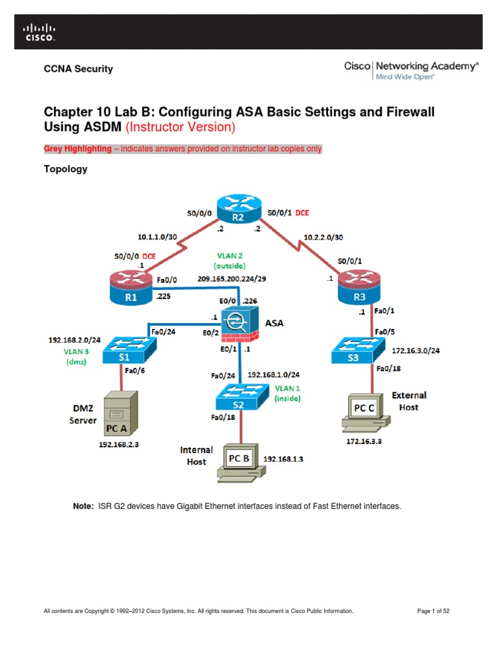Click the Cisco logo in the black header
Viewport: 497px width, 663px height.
39,32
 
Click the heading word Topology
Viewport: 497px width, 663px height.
65,169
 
